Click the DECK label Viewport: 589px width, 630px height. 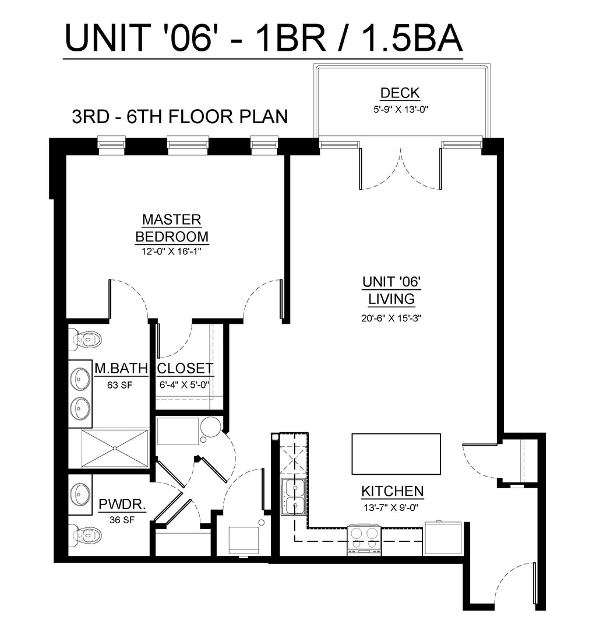[x=400, y=93]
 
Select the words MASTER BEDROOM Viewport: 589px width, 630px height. [x=172, y=228]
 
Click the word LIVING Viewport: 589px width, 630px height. [x=391, y=299]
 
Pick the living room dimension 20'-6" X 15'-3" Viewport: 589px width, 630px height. [x=391, y=318]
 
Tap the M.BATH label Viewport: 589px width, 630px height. [x=121, y=369]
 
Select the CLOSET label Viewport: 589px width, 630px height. [x=185, y=369]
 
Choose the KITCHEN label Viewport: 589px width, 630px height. [x=392, y=491]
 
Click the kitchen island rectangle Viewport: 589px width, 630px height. [x=396, y=454]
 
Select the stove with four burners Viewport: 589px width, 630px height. [x=364, y=539]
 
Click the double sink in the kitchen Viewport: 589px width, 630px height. [x=292, y=498]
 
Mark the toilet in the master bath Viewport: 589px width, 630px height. [x=85, y=338]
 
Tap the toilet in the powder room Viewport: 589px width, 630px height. [x=84, y=533]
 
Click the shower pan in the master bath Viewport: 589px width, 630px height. [x=114, y=448]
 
